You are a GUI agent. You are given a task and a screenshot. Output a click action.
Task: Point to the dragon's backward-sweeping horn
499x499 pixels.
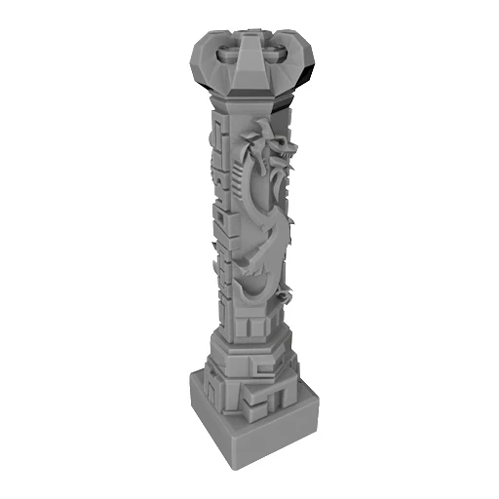(259, 133)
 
